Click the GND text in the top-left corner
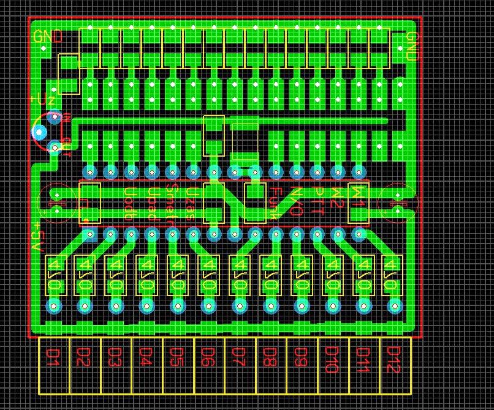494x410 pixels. pos(48,37)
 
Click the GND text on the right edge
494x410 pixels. pos(412,47)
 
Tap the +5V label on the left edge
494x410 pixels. pos(37,238)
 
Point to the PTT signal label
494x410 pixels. pos(317,201)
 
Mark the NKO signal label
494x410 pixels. pos(296,201)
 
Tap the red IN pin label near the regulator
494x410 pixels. pos(66,116)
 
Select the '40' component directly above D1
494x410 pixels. pos(55,275)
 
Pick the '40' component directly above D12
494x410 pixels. pos(391,275)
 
